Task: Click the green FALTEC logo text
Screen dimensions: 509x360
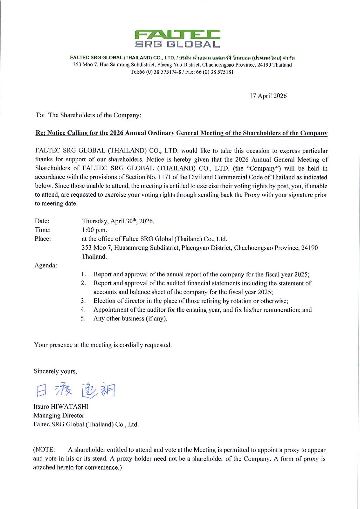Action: tap(177, 35)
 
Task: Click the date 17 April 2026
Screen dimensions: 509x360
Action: tap(268, 96)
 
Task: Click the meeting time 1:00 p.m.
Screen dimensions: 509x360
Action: tap(95, 230)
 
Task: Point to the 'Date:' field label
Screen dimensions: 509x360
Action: tap(42, 221)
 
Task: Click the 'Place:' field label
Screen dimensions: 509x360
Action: tap(43, 239)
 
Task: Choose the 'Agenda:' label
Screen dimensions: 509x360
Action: tap(46, 265)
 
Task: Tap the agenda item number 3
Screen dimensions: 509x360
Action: tap(83, 301)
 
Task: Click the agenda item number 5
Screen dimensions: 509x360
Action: tap(83, 318)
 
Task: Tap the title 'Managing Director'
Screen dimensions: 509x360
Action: tap(59, 416)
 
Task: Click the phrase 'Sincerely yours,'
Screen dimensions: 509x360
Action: tap(55, 371)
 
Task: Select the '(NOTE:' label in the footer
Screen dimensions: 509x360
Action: tap(44, 450)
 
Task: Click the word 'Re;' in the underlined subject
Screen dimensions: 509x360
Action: tap(40, 133)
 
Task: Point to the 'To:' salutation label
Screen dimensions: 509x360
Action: tap(40, 115)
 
